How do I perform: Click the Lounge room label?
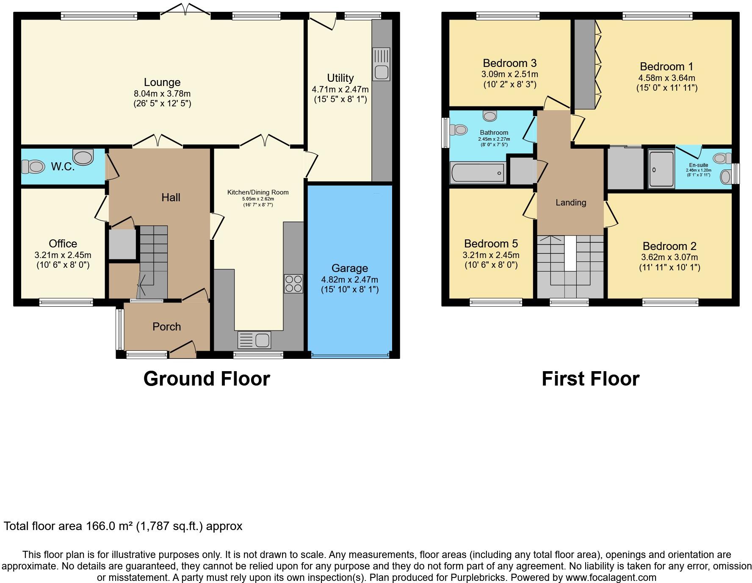coord(162,82)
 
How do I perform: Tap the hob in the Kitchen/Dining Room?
coord(293,284)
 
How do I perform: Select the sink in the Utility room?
coord(382,64)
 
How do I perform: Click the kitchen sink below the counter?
coord(254,340)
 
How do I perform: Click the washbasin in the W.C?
coord(83,157)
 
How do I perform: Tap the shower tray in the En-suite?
coord(661,169)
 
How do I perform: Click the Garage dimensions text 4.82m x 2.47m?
coord(349,280)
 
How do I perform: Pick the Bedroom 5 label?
coord(491,244)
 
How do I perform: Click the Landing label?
coord(571,203)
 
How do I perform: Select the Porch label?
coord(166,327)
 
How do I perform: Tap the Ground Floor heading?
coord(207,379)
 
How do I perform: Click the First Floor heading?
coord(590,379)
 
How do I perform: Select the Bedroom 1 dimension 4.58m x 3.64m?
coord(666,78)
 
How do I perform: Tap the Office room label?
coord(63,244)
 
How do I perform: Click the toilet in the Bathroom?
coord(459,129)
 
